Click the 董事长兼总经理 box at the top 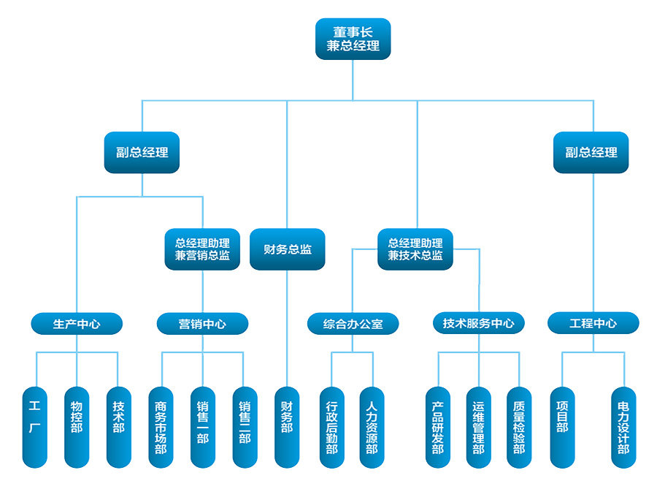[353, 39]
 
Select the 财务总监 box [287, 249]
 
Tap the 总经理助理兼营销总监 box [202, 249]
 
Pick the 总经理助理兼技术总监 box [415, 249]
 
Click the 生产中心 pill [77, 323]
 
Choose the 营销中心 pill [202, 323]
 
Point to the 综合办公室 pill [353, 323]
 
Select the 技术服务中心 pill [478, 323]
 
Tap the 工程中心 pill [593, 323]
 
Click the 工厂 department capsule [34, 427]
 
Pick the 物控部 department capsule [76, 427]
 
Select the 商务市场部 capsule [161, 427]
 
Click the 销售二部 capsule [245, 427]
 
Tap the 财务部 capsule [287, 427]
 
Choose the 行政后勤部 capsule [331, 427]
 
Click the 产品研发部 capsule [437, 427]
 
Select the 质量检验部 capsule [519, 427]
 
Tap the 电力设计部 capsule [623, 427]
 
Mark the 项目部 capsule [562, 427]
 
